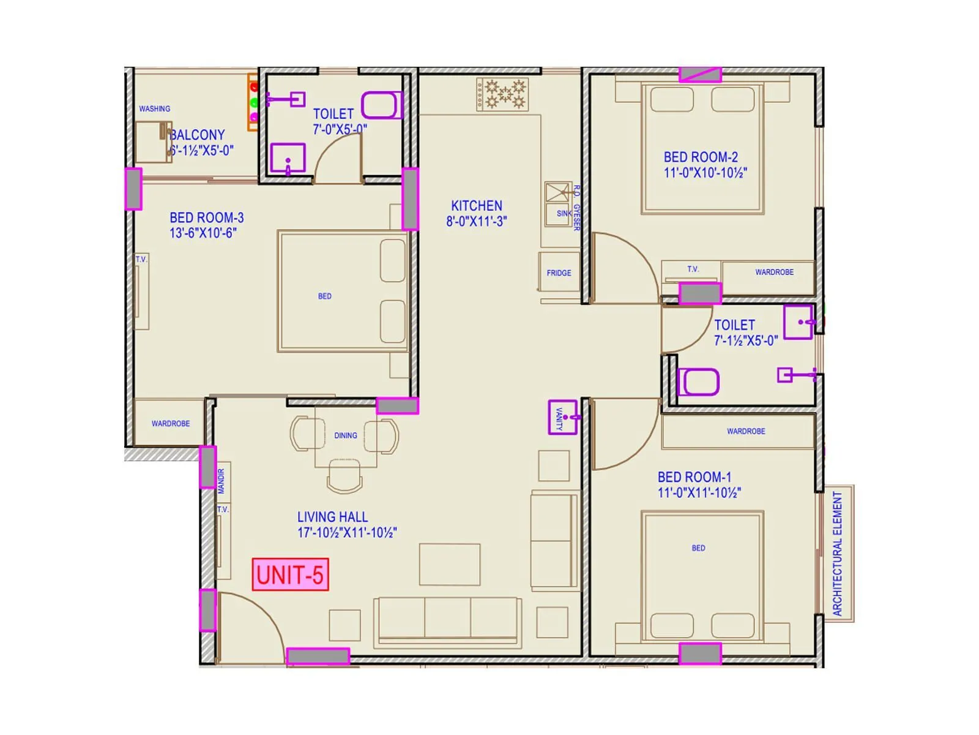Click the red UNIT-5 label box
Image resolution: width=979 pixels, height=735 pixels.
290,575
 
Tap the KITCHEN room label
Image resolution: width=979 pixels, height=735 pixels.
477,213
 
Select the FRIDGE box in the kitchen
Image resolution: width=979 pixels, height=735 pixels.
559,273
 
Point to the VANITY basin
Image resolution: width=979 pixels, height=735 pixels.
562,417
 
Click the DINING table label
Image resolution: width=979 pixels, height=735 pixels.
345,435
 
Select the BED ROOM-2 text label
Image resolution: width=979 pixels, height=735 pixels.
704,165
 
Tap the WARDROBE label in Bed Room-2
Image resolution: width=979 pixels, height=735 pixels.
774,272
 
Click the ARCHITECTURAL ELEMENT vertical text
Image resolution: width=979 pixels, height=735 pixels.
838,553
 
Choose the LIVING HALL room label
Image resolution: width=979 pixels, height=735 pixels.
346,525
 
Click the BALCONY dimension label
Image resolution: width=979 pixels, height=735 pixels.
201,150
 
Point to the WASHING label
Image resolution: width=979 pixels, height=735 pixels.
154,108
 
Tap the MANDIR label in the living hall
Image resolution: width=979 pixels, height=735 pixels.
221,481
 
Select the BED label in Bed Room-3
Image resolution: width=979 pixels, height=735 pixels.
324,296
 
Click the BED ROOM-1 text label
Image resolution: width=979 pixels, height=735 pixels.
698,484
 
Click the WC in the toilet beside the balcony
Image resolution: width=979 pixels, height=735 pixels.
381,105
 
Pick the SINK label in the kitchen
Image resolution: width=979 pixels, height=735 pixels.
564,214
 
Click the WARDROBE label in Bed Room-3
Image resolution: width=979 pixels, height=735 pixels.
170,423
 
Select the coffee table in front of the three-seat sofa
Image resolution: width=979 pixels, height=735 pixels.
449,564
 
